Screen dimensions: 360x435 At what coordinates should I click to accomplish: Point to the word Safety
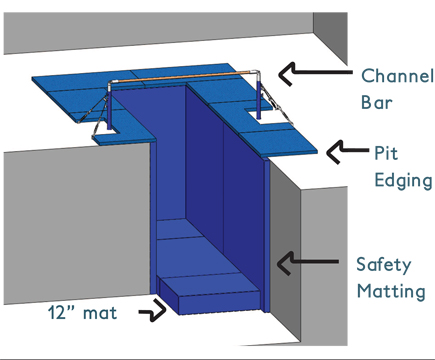[384, 265]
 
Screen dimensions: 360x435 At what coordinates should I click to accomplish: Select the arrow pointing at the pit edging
[346, 151]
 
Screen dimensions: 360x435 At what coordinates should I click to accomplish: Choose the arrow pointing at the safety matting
[310, 262]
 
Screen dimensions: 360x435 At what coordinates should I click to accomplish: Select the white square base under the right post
[265, 117]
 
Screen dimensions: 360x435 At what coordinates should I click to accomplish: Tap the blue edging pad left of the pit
[75, 95]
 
